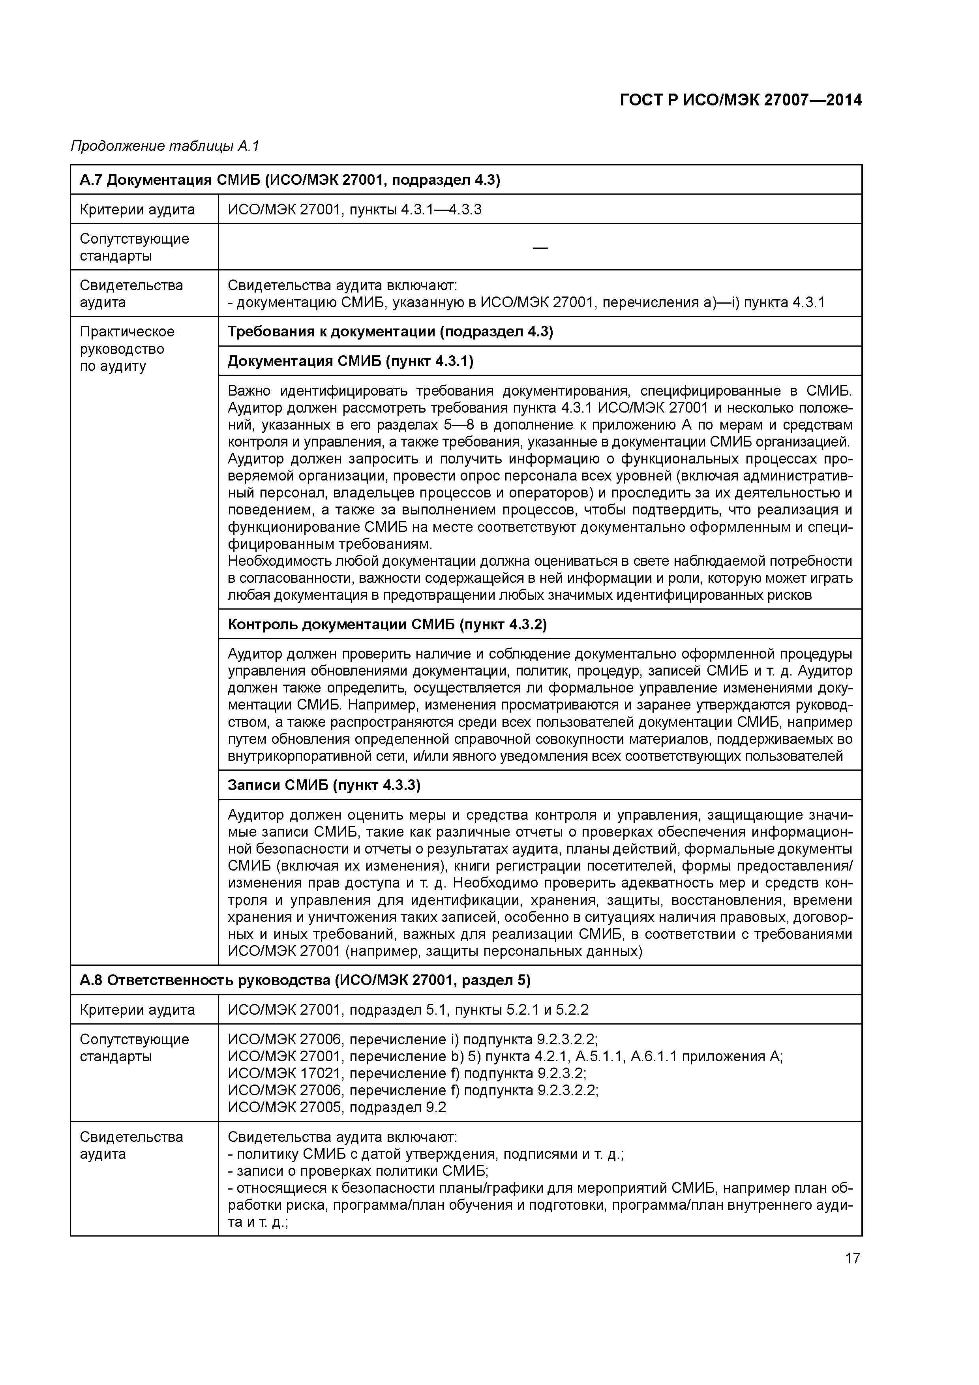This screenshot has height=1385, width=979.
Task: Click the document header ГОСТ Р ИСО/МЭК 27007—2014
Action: tap(741, 100)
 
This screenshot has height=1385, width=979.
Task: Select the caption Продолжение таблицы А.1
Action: tap(165, 146)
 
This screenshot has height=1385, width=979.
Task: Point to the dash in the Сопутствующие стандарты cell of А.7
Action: tap(540, 247)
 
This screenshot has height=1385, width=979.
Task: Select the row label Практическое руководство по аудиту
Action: tap(127, 349)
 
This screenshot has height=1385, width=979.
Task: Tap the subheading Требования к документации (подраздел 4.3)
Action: tap(390, 331)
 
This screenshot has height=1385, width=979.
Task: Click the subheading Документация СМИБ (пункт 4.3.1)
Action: tap(351, 361)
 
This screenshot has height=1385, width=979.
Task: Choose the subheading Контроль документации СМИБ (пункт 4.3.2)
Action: tap(387, 624)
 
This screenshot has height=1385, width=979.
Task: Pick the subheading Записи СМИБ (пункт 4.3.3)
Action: tap(324, 785)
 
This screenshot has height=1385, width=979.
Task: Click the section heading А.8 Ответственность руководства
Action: tap(305, 980)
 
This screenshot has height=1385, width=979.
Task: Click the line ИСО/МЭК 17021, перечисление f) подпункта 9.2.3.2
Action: tap(407, 1073)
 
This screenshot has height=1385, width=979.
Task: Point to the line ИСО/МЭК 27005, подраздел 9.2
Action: tap(337, 1107)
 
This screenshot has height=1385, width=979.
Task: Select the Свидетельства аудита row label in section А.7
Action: tap(131, 293)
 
